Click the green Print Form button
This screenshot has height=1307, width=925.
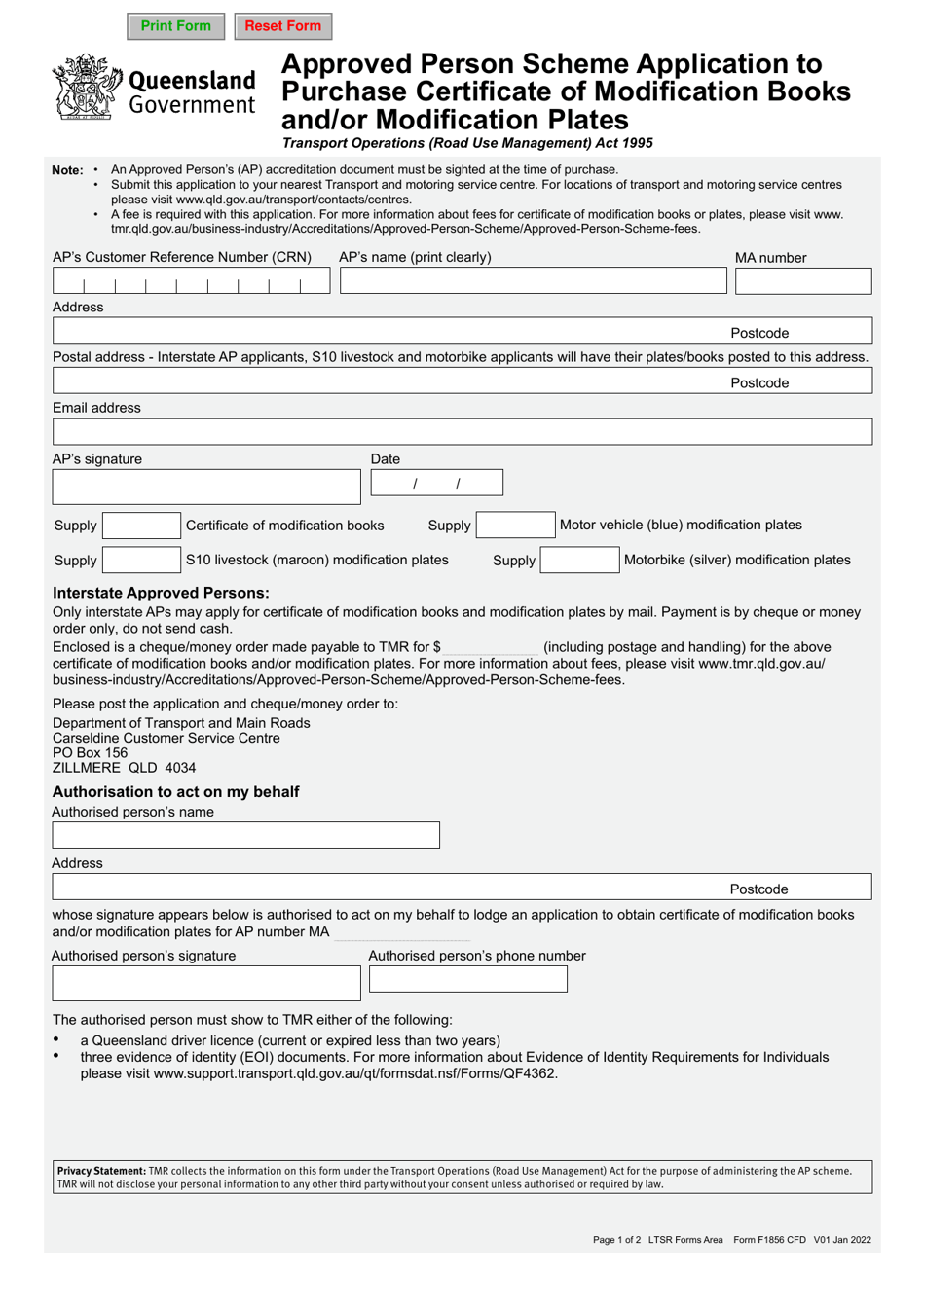coord(175,26)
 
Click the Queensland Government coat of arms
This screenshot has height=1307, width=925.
coord(87,88)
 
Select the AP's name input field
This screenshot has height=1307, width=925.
coord(533,281)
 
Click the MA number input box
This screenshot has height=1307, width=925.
coord(802,281)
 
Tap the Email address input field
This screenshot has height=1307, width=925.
coord(462,432)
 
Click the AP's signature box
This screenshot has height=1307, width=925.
coord(205,487)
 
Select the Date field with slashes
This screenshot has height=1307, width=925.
coord(436,483)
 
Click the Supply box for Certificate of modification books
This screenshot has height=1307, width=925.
coord(141,526)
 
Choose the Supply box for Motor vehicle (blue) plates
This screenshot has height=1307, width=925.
coord(515,526)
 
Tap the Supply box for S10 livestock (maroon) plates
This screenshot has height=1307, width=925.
coord(141,561)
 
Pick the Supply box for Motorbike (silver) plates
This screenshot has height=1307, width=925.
coord(579,561)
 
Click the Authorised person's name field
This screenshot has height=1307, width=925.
coord(245,835)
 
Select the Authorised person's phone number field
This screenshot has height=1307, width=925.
coord(467,980)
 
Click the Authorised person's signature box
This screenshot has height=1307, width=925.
coord(205,984)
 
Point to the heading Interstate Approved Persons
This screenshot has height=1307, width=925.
coord(161,593)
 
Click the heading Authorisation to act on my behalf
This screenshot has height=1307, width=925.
coord(175,792)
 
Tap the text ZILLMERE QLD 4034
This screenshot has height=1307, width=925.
coord(124,768)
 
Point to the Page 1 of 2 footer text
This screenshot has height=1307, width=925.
coord(616,1240)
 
